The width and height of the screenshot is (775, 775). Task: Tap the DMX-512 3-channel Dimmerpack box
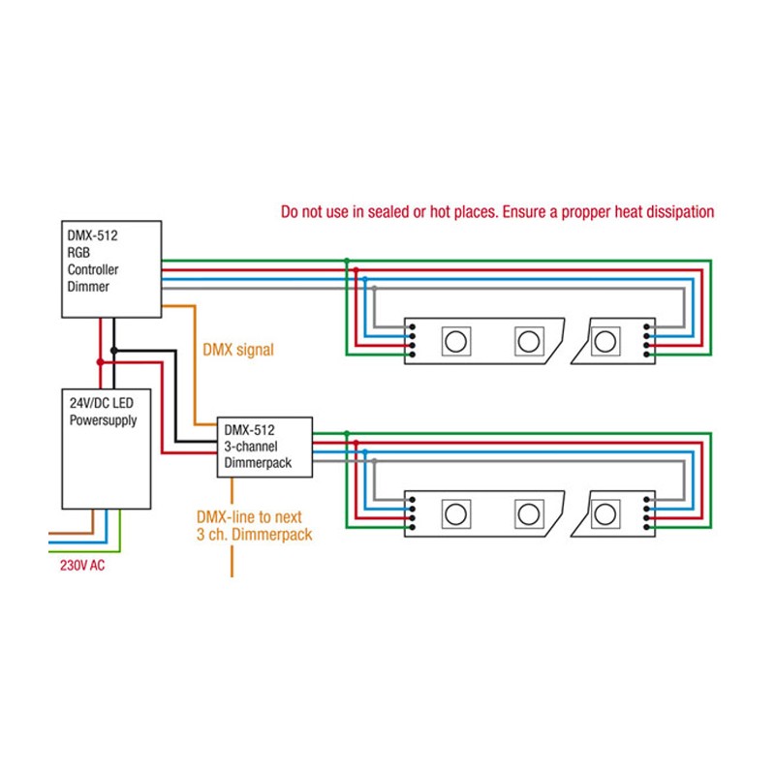[x=264, y=448]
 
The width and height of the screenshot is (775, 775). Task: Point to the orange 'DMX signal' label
[x=237, y=350]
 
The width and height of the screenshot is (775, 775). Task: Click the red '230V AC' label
[x=77, y=565]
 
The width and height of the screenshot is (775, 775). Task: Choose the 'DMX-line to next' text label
[x=254, y=517]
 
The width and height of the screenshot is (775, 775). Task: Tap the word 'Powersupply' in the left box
[x=104, y=420]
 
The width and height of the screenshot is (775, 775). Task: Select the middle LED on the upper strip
[x=528, y=340]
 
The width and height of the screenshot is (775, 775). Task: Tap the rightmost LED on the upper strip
[x=605, y=340]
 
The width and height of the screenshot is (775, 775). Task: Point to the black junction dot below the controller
[x=114, y=350]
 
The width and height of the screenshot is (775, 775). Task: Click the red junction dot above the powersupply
[x=100, y=361]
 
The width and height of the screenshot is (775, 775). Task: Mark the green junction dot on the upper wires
[x=347, y=261]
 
